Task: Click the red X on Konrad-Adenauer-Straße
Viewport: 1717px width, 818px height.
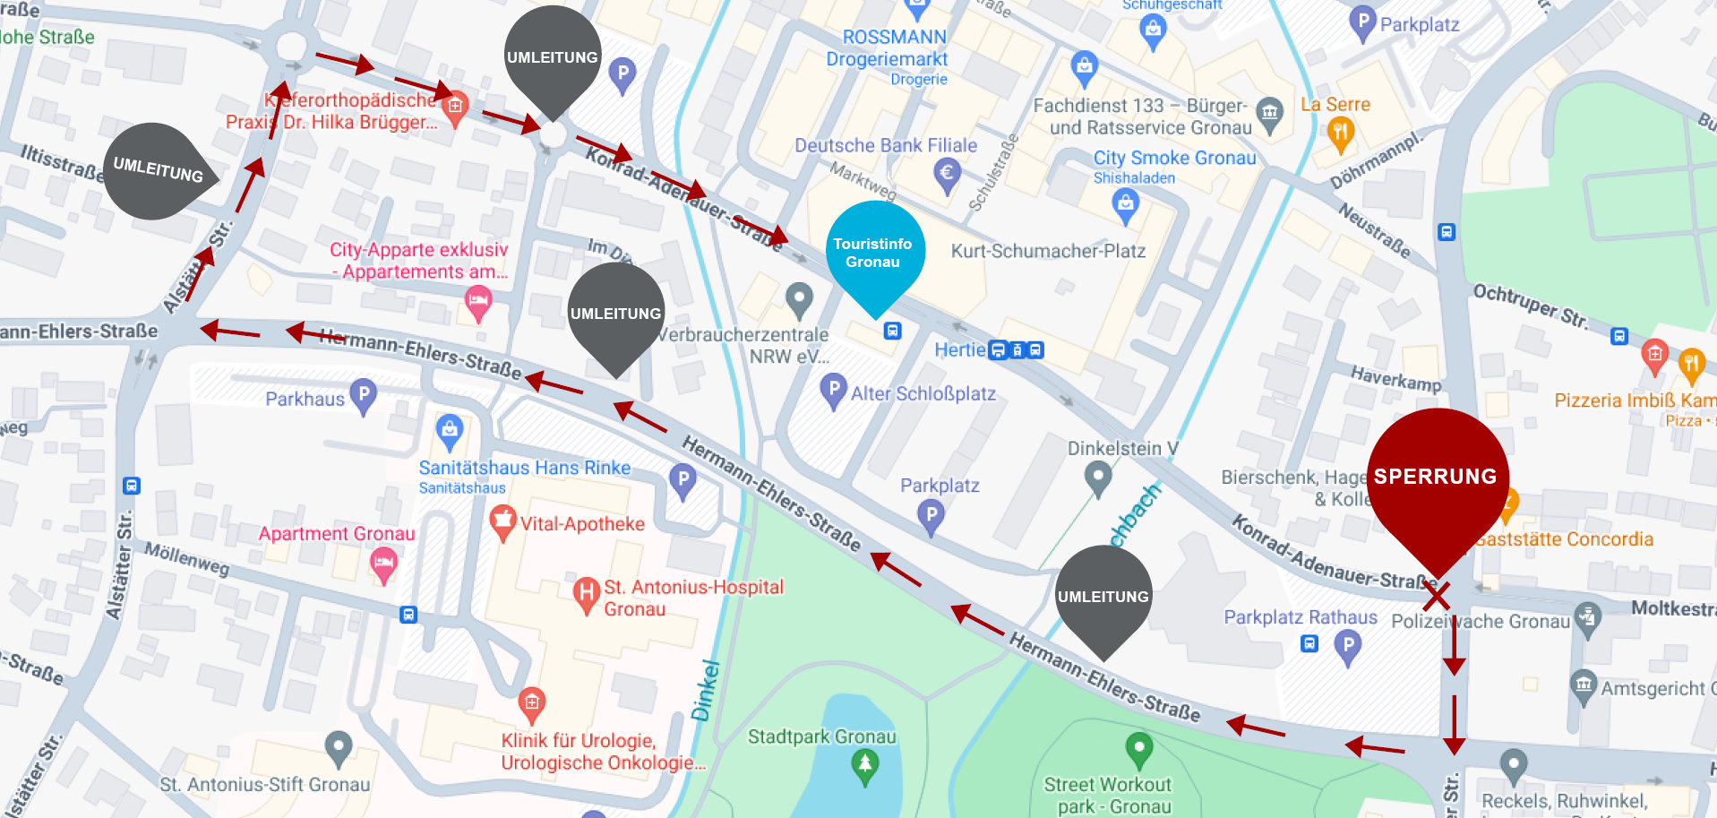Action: pos(1437,596)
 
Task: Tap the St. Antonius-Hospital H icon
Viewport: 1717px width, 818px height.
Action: pos(586,593)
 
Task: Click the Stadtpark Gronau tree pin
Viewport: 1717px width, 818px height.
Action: pos(864,765)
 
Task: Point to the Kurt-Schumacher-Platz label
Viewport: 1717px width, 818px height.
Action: pos(1048,251)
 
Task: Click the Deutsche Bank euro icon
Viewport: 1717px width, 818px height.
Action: pos(947,172)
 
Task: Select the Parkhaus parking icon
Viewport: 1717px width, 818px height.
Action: pos(363,395)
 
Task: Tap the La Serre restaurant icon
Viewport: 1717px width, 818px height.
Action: pos(1339,134)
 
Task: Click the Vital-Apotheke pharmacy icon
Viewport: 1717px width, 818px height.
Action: pos(502,521)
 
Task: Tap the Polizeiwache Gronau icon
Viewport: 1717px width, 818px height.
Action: pos(1587,618)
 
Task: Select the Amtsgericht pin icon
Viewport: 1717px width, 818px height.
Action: pos(1583,685)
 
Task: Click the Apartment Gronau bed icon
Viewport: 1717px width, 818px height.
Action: pos(383,564)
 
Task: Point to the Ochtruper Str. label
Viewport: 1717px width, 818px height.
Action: pos(1531,306)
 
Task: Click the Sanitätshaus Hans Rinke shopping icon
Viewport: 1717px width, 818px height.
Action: pos(450,431)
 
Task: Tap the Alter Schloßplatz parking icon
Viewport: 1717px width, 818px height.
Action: pos(833,390)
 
